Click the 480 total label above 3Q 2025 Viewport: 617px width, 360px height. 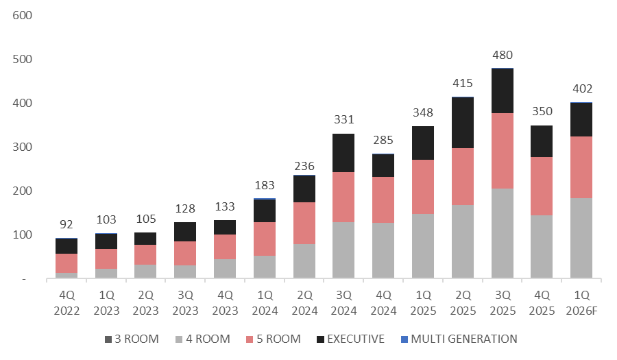click(x=502, y=56)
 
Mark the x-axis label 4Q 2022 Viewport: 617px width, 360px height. click(x=66, y=302)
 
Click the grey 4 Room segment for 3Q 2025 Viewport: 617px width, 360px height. click(x=502, y=233)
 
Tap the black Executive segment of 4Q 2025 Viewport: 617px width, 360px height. click(x=541, y=141)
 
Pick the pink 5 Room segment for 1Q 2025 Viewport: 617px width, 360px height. click(x=423, y=187)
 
